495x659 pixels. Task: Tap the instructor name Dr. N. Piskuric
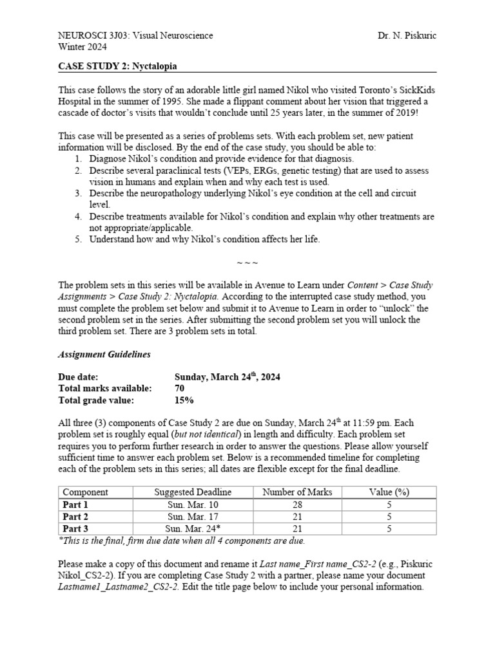[x=407, y=35]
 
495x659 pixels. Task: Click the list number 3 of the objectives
[x=77, y=193]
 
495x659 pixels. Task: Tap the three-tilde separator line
[x=247, y=263]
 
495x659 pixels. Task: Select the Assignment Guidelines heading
[x=105, y=354]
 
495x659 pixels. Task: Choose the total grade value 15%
[x=184, y=400]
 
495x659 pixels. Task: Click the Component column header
[x=85, y=492]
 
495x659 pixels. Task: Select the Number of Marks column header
[x=297, y=492]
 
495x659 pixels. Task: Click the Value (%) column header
[x=389, y=492]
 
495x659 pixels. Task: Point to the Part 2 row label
[x=75, y=517]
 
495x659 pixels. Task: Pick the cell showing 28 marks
[x=297, y=505]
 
